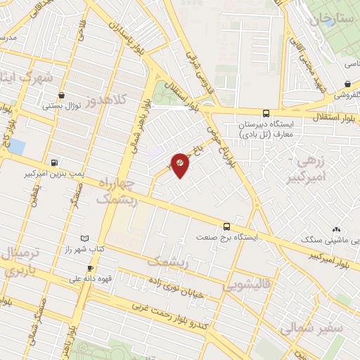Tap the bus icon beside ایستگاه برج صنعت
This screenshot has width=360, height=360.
tap(226, 226)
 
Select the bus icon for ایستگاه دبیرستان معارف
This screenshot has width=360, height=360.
tap(266, 112)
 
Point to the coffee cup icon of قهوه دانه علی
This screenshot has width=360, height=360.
tap(90, 268)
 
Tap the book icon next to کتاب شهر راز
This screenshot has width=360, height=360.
tap(85, 239)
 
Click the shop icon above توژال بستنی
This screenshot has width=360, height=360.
tap(62, 95)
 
